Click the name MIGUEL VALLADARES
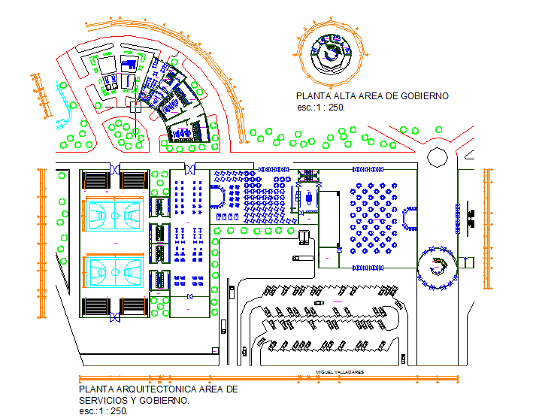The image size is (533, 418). click(340, 372)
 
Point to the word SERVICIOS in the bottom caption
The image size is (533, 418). click(107, 400)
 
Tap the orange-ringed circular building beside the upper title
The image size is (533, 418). click(329, 53)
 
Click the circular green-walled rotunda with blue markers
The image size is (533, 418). click(437, 268)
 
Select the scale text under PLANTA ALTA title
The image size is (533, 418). click(319, 108)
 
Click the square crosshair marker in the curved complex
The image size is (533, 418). click(135, 108)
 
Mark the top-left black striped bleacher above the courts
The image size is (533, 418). click(95, 180)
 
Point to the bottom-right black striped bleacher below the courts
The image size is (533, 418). click(133, 307)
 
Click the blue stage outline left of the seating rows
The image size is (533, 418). click(220, 198)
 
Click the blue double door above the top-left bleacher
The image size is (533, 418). click(114, 169)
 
